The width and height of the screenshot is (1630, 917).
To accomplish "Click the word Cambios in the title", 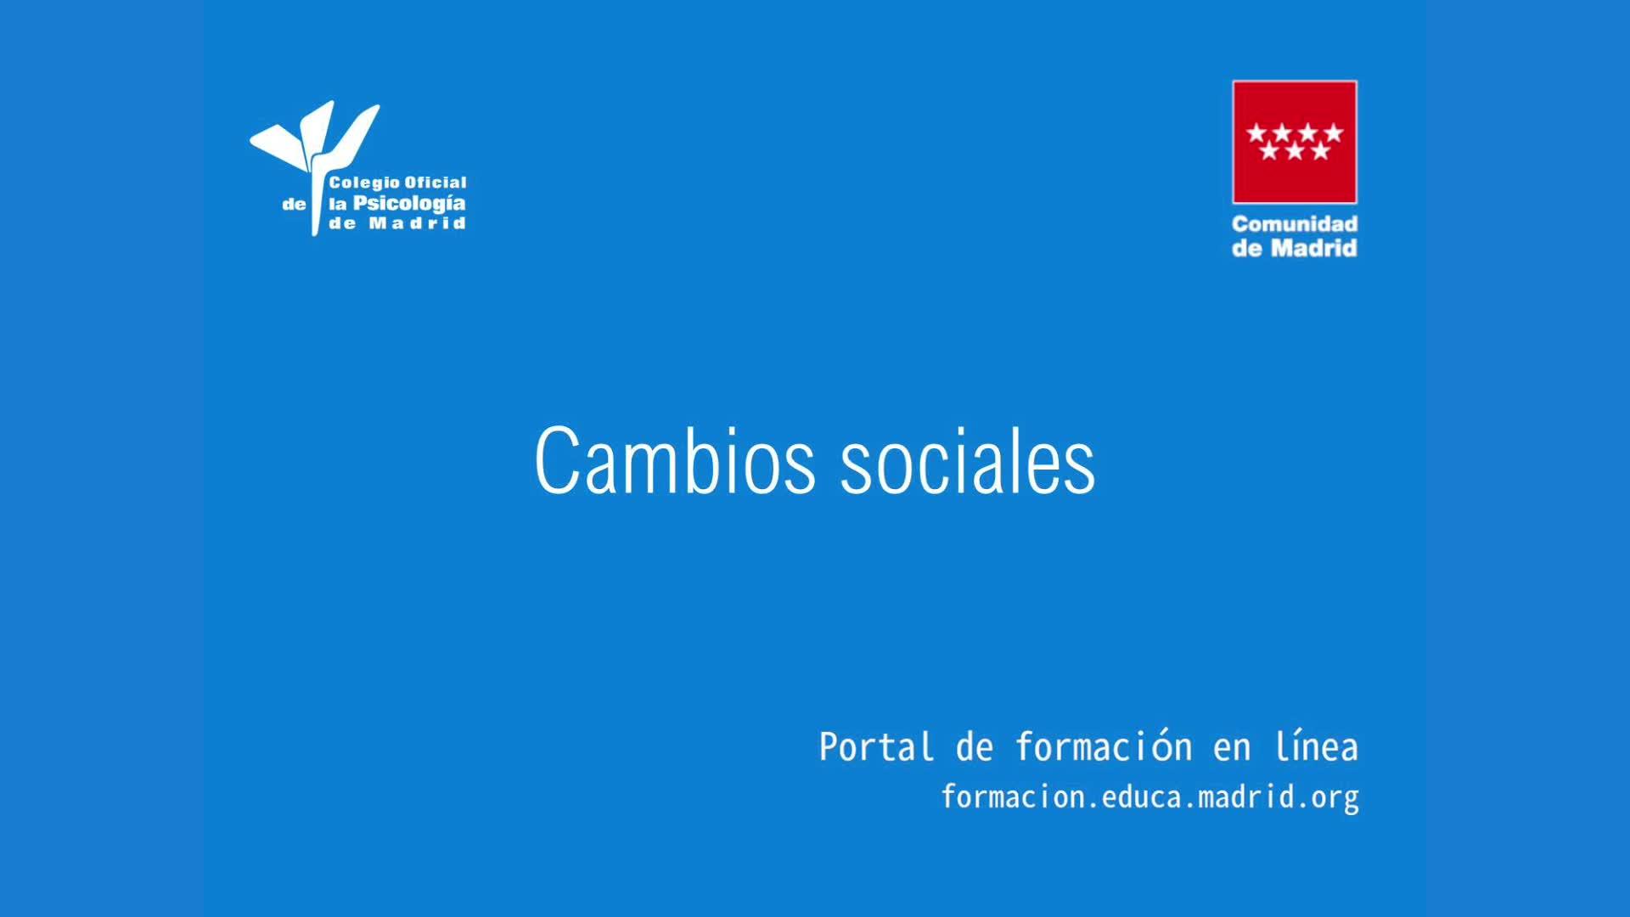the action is [x=675, y=460].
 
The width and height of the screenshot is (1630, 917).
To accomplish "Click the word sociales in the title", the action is [x=968, y=460].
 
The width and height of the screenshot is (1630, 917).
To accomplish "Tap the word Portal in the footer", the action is [x=876, y=747].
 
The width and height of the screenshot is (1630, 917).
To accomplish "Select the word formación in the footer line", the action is [x=1104, y=746].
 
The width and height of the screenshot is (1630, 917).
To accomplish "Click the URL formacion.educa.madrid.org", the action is [x=1149, y=797].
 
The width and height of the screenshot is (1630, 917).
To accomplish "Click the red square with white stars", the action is [x=1295, y=142].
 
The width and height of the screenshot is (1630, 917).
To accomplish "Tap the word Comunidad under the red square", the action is [x=1295, y=224].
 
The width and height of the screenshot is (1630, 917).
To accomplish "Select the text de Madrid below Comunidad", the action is [x=1295, y=248].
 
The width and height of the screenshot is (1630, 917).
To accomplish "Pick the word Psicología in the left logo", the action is [x=409, y=204].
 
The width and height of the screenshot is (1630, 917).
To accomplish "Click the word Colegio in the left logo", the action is [x=363, y=183].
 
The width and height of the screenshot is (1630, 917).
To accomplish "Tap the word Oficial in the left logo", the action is [x=436, y=183].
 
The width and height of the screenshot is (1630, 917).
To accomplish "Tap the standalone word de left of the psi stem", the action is [x=294, y=205].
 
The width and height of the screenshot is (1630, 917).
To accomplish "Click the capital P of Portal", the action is [x=829, y=747].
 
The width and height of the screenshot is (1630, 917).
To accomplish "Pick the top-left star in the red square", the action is [x=1256, y=132].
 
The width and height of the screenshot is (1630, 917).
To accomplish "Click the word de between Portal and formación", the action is [x=975, y=747].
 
